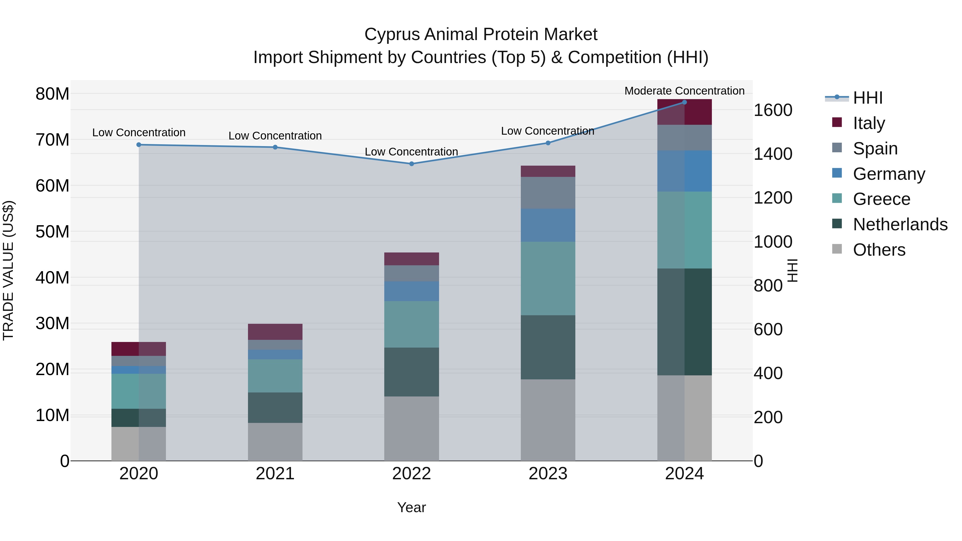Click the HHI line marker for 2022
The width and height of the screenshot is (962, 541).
[412, 164]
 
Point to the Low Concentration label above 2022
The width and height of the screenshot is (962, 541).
[411, 151]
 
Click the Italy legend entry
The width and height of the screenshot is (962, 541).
[869, 123]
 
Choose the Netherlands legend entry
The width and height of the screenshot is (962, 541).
[900, 224]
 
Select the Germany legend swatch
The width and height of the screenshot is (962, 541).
[837, 173]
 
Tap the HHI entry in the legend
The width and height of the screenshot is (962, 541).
[867, 98]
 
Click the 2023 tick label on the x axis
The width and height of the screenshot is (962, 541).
[548, 473]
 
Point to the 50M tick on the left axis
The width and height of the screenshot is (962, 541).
[52, 231]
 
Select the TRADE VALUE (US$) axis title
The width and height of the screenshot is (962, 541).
[8, 270]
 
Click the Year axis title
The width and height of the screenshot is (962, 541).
[411, 507]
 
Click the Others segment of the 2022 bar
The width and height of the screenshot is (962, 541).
[412, 428]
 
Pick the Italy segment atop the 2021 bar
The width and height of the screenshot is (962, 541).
[275, 332]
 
